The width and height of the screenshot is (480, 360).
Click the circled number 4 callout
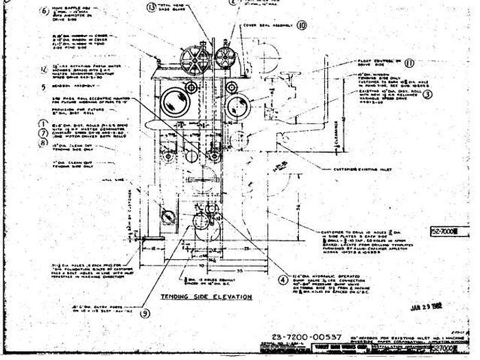click(281, 279)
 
